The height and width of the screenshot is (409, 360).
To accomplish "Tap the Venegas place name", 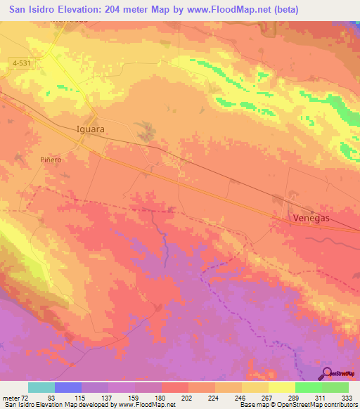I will tap(310, 219).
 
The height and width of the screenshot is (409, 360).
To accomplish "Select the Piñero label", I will tap(50, 160).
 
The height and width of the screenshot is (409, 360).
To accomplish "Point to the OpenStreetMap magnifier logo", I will tap(326, 373).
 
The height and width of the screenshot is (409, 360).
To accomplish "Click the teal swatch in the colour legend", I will tap(41, 387).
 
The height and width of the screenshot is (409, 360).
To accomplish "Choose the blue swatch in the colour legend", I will tap(68, 387).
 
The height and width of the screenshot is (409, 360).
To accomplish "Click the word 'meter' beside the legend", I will tap(10, 397).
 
